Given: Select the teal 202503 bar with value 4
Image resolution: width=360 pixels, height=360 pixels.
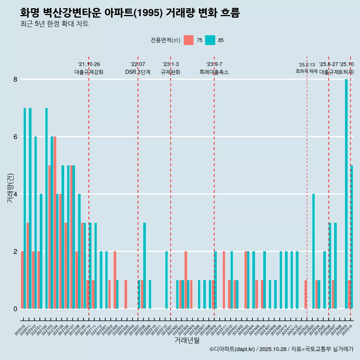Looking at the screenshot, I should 313,251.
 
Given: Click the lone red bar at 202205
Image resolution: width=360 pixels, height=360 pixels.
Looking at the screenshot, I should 126,294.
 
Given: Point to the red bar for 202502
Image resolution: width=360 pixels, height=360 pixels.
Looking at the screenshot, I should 306,294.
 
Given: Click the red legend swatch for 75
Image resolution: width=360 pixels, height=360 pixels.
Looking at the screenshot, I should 189,40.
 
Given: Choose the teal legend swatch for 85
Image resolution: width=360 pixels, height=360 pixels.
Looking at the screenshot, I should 210,40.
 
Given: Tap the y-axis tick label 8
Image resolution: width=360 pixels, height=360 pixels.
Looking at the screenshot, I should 15,79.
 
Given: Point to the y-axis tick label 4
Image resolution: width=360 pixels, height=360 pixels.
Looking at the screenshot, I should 15,194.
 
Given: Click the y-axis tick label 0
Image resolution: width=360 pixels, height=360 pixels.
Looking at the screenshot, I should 15,309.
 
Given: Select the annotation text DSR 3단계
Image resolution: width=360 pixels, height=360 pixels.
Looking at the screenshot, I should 138,72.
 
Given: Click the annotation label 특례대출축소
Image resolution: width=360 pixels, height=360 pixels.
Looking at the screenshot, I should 214,72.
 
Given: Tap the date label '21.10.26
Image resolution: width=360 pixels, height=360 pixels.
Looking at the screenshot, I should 89,64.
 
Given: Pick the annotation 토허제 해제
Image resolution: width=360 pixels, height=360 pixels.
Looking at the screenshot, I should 306,71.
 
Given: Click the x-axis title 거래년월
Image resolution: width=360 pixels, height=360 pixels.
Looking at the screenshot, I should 187,340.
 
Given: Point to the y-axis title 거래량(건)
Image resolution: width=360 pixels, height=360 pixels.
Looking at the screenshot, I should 10,187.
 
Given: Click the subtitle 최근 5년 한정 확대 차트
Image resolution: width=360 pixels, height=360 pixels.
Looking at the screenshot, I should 54,24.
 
